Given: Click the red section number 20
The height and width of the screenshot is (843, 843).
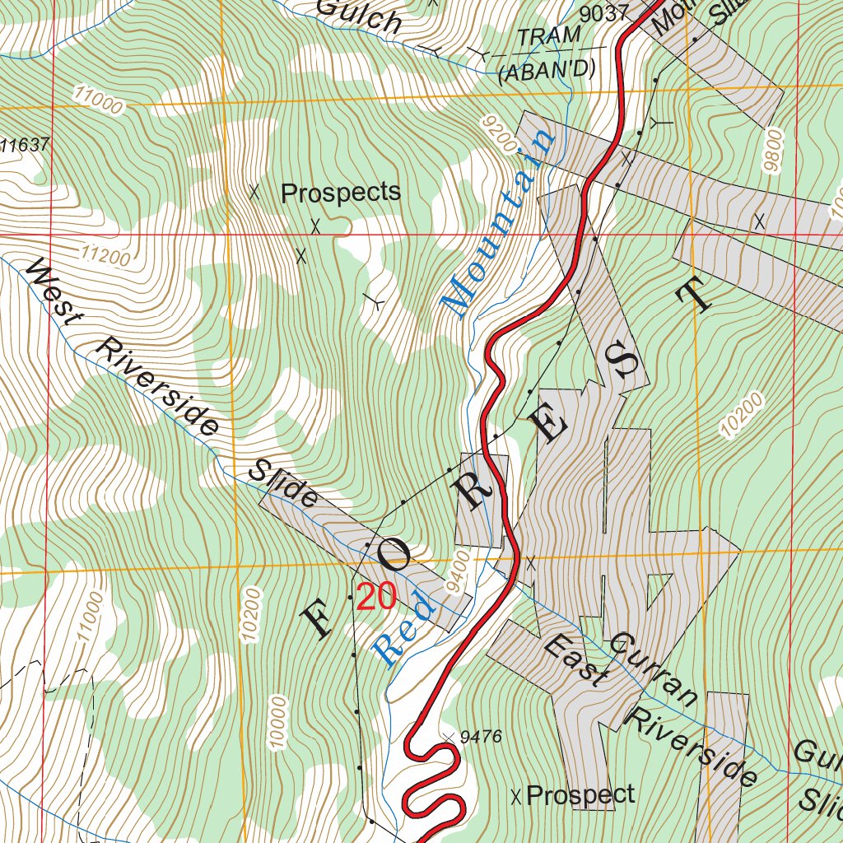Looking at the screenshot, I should coord(376,597).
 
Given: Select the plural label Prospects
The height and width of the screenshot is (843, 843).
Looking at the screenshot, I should coord(340,193).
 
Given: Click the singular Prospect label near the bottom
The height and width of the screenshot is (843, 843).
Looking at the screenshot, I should coord(580,794).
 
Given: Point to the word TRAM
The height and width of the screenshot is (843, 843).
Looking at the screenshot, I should coord(548,37).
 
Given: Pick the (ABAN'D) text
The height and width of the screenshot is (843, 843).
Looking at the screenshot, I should coord(547,71).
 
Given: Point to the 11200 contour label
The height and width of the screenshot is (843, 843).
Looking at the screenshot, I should coord(105,257).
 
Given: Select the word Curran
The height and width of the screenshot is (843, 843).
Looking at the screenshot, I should coord(655,669).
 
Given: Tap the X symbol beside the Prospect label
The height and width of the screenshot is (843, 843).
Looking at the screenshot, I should coord(516,796).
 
